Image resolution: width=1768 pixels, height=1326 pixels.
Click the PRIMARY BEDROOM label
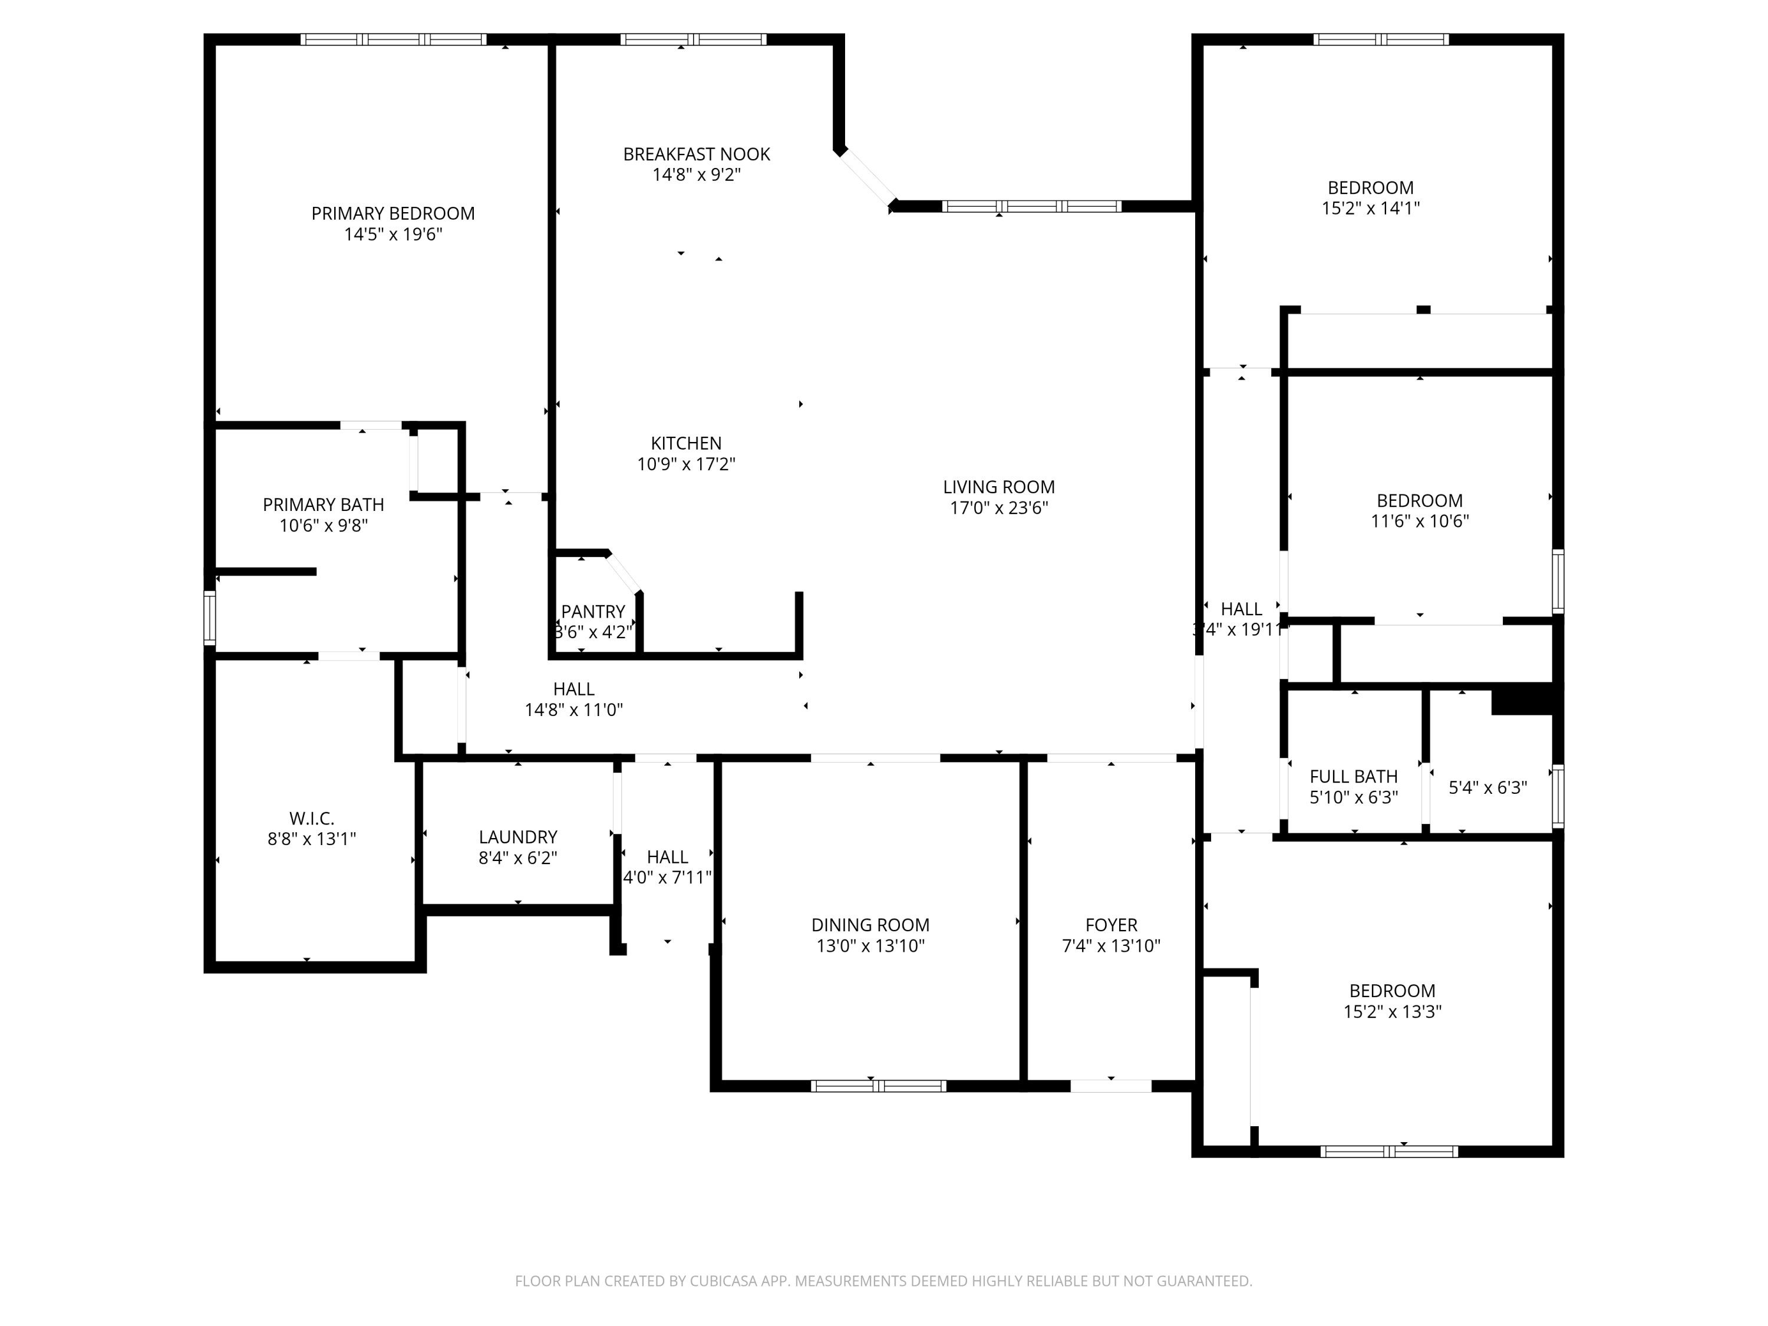[x=392, y=213]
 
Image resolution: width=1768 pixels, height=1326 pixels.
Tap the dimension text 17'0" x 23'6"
[x=998, y=507]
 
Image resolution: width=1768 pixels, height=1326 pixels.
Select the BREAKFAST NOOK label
[x=696, y=154]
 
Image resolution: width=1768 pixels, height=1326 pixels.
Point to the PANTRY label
[x=592, y=612]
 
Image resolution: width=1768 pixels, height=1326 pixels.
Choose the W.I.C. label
[x=311, y=819]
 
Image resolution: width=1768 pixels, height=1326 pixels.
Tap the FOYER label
[x=1110, y=925]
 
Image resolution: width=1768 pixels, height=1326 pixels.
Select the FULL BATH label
[x=1353, y=776]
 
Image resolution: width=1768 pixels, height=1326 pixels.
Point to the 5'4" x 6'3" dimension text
[x=1487, y=788]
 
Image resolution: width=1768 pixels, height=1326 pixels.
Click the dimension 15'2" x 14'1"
[x=1370, y=209]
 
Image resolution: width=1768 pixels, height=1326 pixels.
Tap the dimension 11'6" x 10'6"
[x=1420, y=521]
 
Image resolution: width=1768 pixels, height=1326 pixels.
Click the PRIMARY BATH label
[x=323, y=504]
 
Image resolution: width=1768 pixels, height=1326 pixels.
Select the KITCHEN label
[x=686, y=443]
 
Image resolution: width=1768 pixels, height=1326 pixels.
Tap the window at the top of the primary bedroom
[x=393, y=39]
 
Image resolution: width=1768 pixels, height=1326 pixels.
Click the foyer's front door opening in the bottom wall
[x=1110, y=1086]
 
